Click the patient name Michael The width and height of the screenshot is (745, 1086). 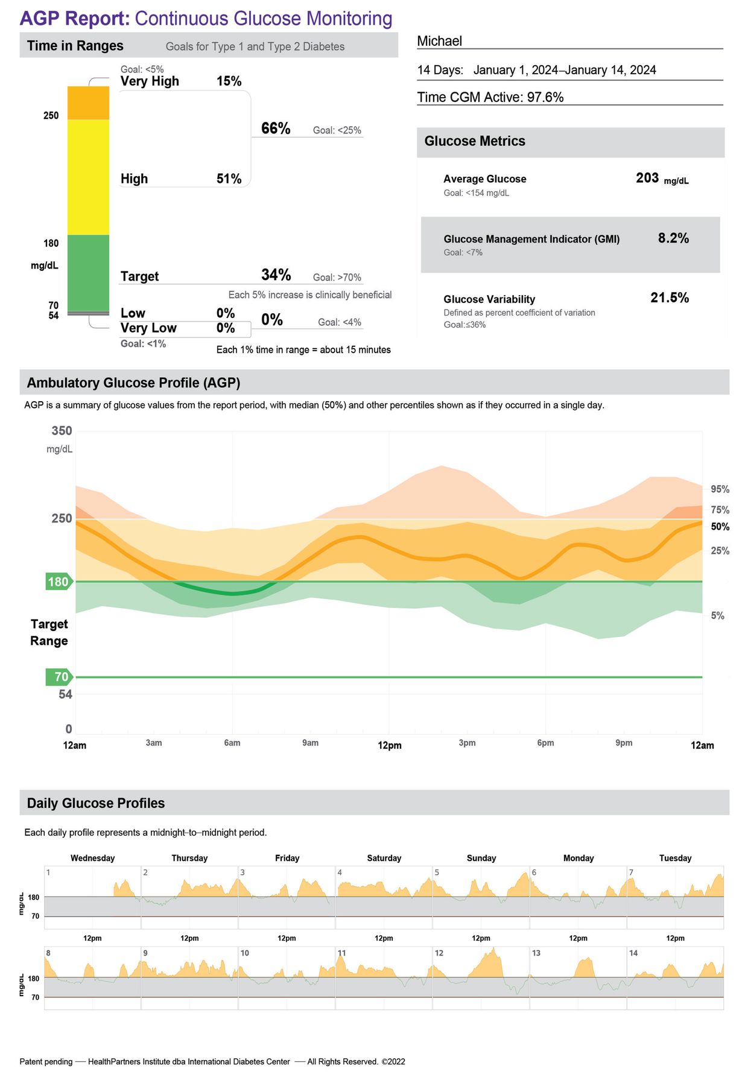coord(439,41)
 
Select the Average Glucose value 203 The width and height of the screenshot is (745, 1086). coord(647,178)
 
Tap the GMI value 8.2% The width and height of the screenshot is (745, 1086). coord(673,238)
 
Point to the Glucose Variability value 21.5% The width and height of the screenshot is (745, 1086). coord(670,297)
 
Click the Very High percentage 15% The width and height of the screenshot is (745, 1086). coord(229,81)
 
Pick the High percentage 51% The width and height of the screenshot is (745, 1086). coord(229,179)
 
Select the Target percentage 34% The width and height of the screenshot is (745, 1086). coord(276,275)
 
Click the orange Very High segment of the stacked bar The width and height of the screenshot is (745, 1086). coord(88,103)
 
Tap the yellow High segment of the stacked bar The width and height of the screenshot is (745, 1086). coord(88,177)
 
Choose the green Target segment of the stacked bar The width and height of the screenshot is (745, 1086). coord(88,273)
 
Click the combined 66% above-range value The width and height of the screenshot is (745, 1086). coord(276,129)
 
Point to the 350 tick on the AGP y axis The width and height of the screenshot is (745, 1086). coord(62,431)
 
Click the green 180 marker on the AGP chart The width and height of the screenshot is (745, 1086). coord(59,582)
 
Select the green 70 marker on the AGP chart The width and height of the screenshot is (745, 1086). coord(59,677)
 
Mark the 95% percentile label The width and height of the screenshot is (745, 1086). coord(720,489)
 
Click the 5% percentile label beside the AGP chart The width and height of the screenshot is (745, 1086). coord(717,615)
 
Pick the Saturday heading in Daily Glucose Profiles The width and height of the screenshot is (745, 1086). coord(384,858)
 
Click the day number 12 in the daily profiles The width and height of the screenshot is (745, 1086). coord(439,953)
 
